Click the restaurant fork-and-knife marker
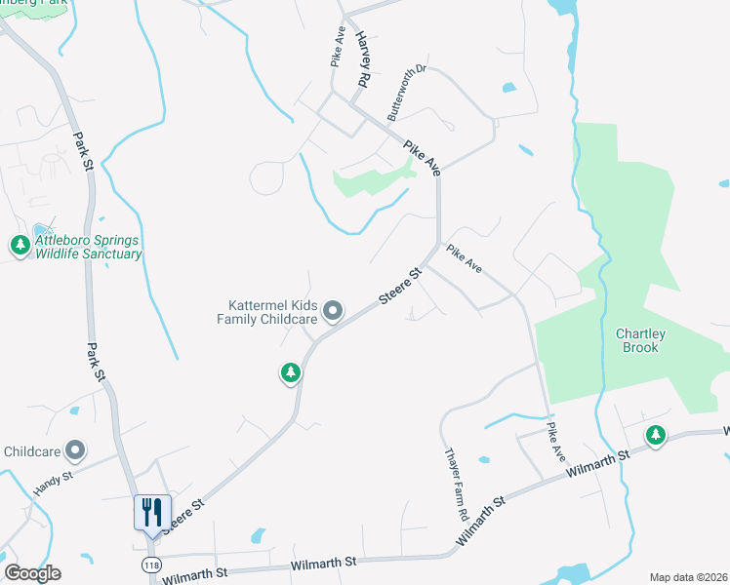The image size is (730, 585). (152, 513)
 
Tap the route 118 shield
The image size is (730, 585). (151, 565)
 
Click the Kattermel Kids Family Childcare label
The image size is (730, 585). (266, 312)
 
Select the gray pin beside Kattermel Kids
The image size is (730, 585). (334, 312)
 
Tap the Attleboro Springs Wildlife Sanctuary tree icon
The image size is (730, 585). (20, 247)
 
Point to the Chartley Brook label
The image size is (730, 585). (641, 340)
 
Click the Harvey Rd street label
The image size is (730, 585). (364, 60)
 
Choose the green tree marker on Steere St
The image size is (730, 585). (290, 372)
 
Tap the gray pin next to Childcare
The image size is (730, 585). (75, 450)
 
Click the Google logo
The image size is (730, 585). (32, 573)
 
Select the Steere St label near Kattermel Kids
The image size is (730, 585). (399, 287)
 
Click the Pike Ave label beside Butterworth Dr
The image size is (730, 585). (423, 157)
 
